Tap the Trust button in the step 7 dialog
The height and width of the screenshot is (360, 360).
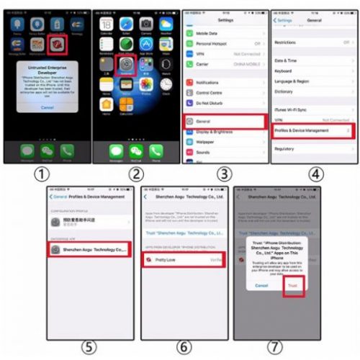292,286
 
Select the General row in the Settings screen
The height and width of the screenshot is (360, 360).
224,121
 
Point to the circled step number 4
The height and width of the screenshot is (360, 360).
316,174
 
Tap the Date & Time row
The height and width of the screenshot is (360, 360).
312,60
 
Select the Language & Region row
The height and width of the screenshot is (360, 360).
312,81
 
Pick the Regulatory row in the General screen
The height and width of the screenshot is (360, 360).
312,149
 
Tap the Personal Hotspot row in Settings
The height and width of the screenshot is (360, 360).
224,43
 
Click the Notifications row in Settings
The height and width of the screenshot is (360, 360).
224,82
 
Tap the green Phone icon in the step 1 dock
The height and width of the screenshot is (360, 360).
67,150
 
